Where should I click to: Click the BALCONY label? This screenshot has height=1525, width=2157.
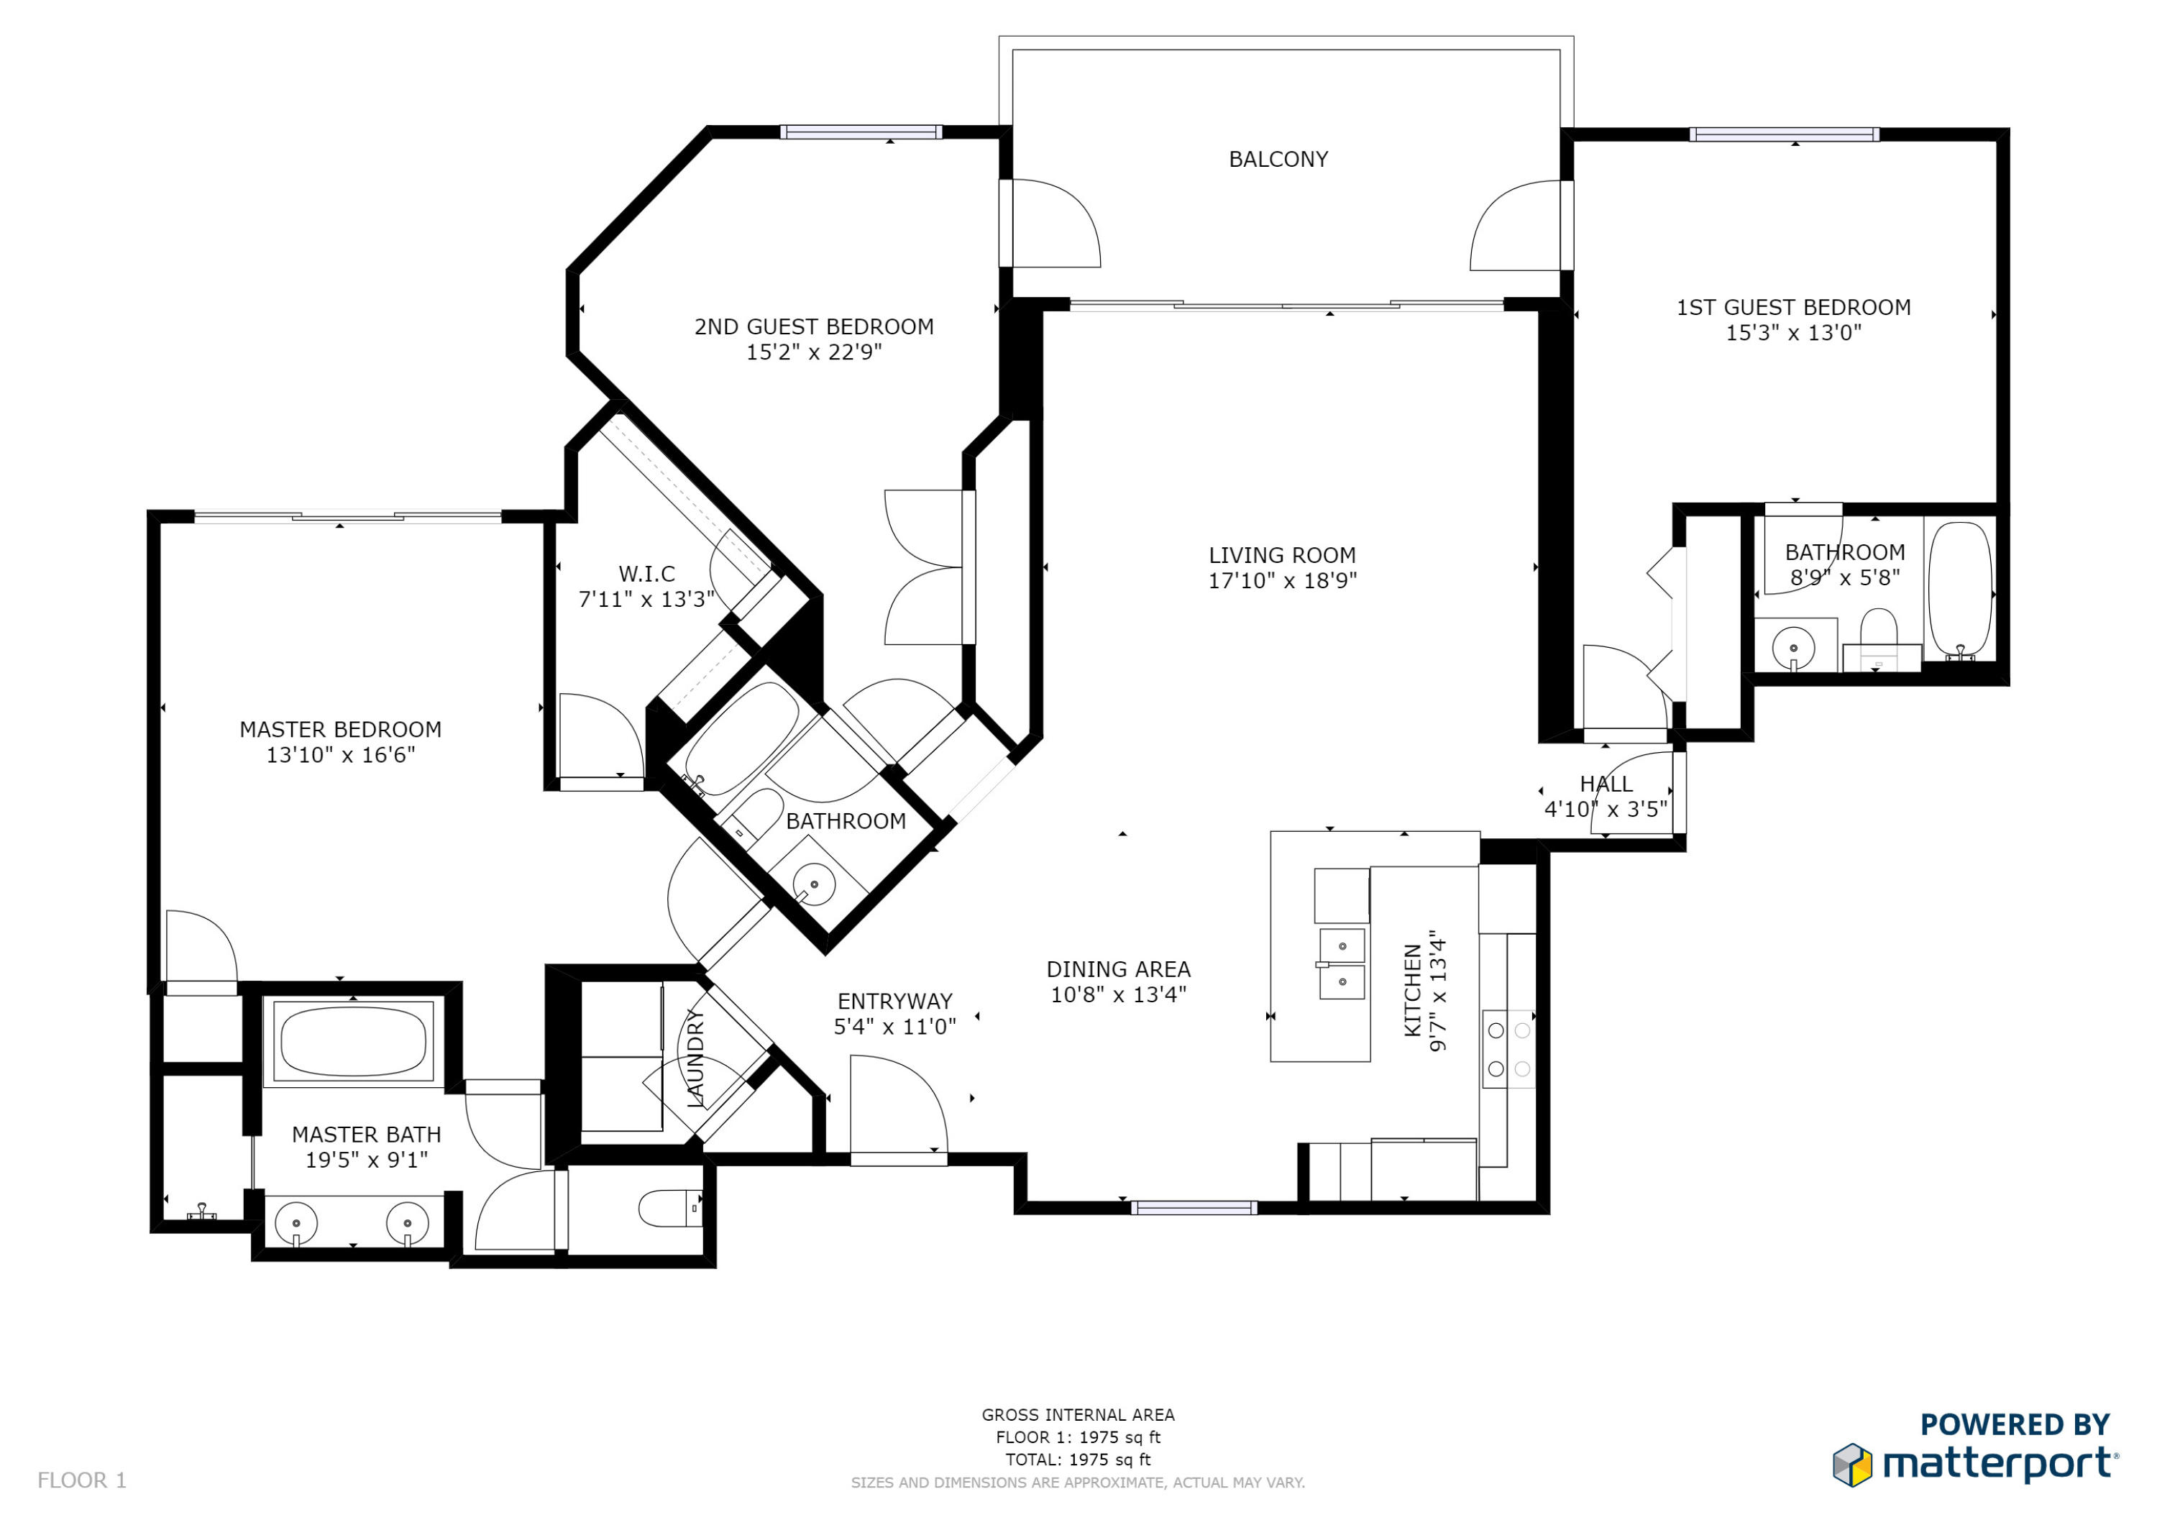click(x=1278, y=160)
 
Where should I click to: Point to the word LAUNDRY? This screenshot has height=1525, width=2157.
click(x=696, y=1058)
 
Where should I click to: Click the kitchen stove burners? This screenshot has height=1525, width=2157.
click(x=1508, y=1050)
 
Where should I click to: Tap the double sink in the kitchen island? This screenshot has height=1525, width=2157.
click(x=1342, y=964)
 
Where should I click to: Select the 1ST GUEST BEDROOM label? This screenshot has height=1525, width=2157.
click(x=1792, y=307)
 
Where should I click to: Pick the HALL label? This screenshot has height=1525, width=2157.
click(x=1606, y=784)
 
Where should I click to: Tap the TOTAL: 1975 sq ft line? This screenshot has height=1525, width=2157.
click(x=1078, y=1460)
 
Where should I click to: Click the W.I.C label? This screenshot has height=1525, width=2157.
click(x=646, y=573)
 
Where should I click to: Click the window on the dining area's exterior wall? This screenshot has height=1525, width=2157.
click(x=1194, y=1207)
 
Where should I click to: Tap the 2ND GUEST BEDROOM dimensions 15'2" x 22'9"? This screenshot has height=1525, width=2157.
click(x=814, y=352)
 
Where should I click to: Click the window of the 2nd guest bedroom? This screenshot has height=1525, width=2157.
click(x=861, y=132)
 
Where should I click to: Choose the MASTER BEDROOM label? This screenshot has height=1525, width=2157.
click(x=340, y=729)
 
